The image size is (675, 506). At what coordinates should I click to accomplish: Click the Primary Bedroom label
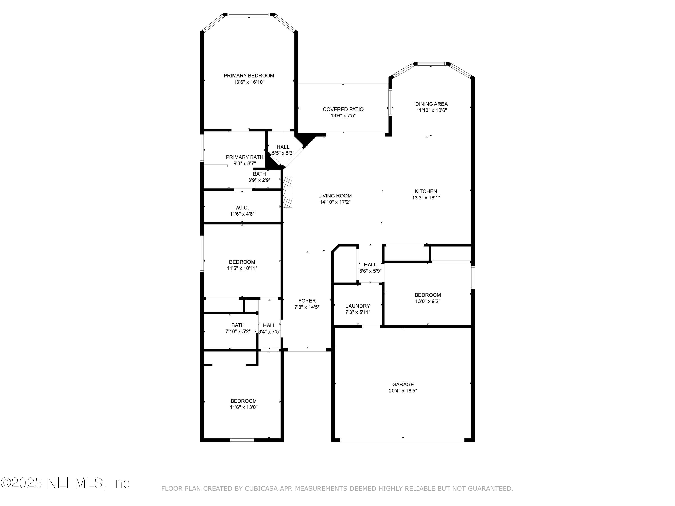[x=249, y=76]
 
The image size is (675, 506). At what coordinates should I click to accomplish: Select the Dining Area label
[x=431, y=104]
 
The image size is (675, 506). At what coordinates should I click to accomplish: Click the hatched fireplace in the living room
[x=288, y=193]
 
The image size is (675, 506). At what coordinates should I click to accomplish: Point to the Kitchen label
[x=426, y=191]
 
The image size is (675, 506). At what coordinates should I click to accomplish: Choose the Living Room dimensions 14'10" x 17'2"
[x=335, y=202]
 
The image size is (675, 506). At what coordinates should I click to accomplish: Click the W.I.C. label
[x=242, y=208]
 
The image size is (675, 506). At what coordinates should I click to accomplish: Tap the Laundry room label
[x=358, y=306]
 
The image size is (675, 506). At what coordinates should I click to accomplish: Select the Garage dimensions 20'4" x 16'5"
[x=403, y=391]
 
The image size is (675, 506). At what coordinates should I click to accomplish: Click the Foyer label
[x=307, y=301]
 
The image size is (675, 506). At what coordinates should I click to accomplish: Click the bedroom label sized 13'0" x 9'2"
[x=427, y=295]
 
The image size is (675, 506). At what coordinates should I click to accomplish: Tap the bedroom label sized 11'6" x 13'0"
[x=243, y=401]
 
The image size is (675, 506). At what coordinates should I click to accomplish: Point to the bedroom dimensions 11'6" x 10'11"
[x=242, y=268]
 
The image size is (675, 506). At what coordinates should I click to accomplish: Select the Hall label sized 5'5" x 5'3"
[x=283, y=147]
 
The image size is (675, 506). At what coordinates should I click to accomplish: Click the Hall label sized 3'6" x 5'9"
[x=370, y=265]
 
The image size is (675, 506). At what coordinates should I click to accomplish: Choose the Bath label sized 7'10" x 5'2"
[x=238, y=325]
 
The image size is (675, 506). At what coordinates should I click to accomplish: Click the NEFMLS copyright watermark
[x=65, y=483]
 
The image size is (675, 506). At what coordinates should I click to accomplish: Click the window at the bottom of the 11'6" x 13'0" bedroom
[x=242, y=440]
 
